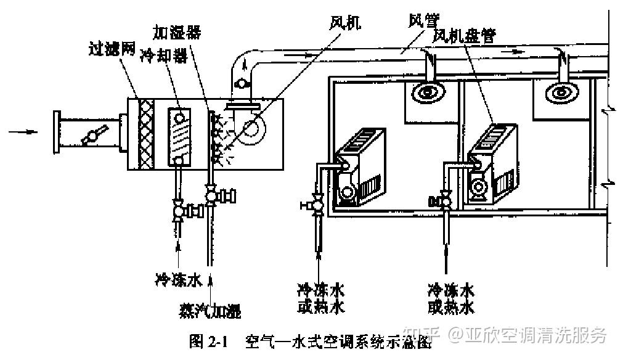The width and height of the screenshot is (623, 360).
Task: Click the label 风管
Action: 421,20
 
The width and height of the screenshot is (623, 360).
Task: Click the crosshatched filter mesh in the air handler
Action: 146,134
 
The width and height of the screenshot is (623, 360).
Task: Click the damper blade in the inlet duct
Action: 96,133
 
